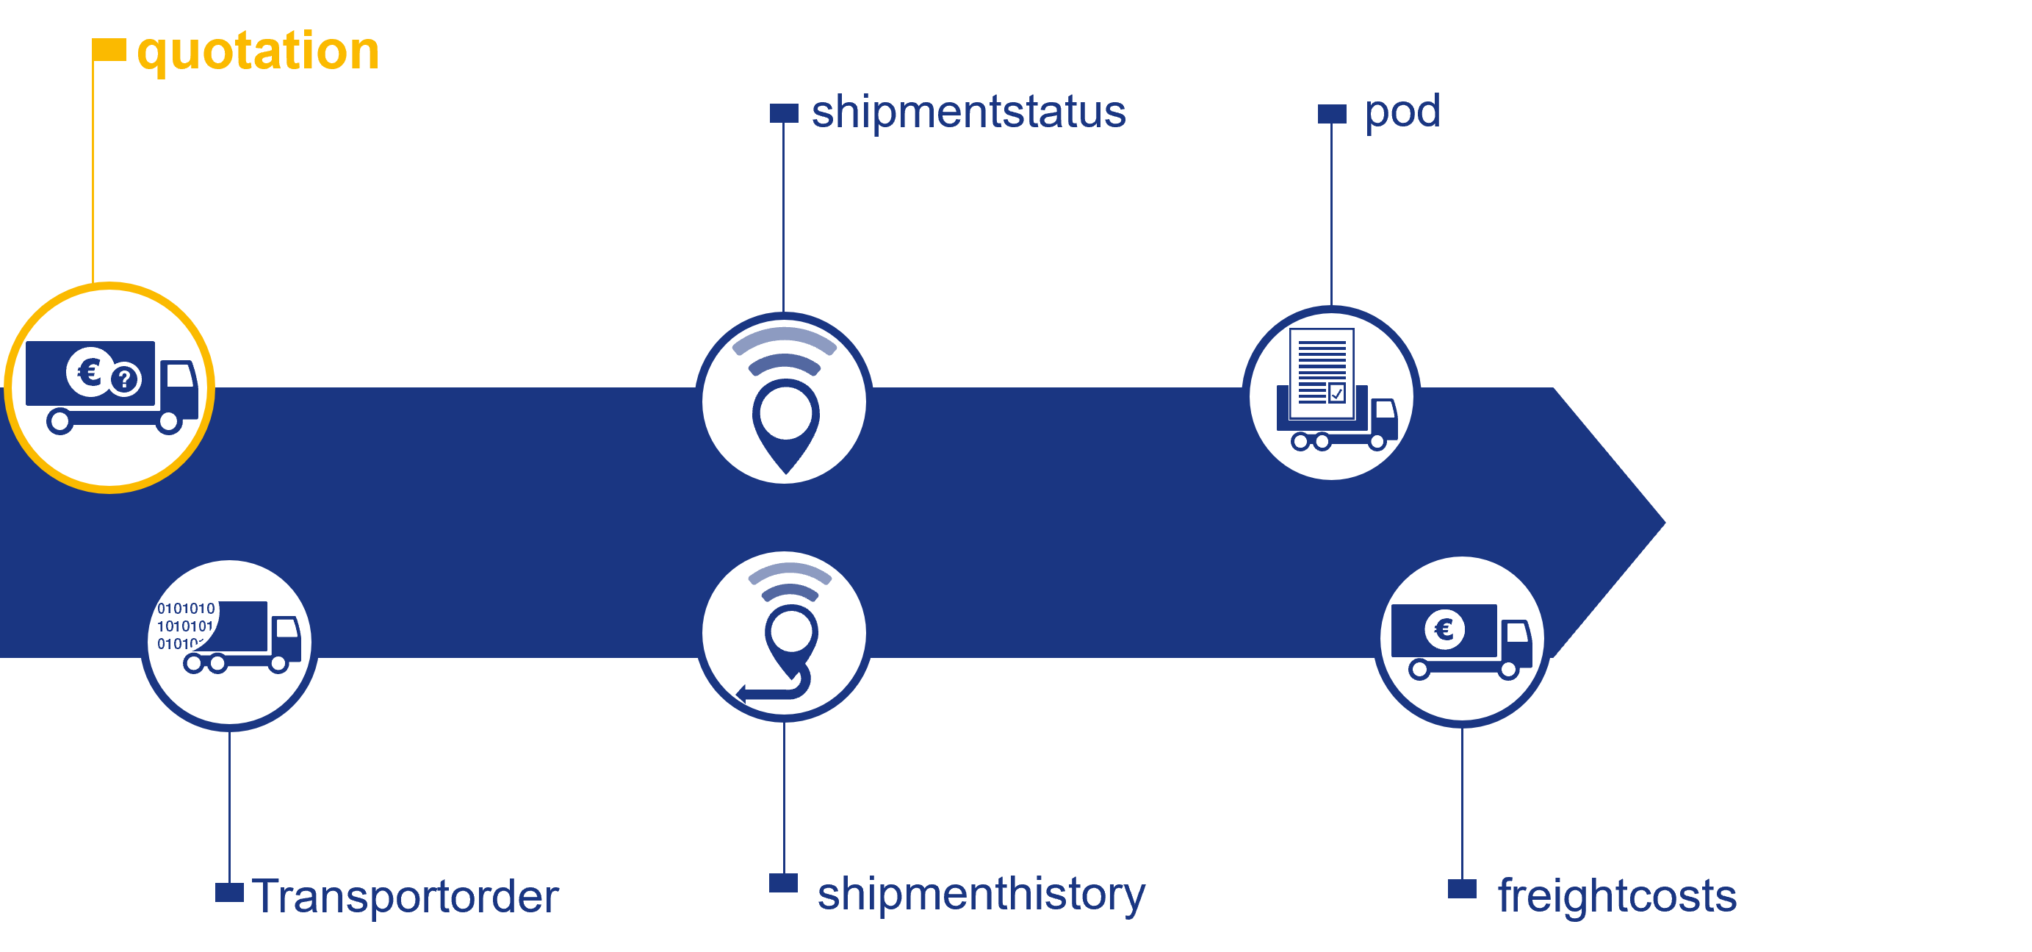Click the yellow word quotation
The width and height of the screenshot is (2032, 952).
click(258, 51)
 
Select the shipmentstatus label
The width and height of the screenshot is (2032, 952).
click(968, 111)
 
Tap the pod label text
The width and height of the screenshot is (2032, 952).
click(1402, 111)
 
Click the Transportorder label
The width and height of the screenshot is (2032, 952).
click(406, 896)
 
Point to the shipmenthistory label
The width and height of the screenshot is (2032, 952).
click(981, 894)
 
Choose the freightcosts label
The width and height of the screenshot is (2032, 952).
click(1617, 896)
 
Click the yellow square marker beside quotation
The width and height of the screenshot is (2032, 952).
click(109, 50)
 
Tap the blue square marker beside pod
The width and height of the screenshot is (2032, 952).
click(1333, 114)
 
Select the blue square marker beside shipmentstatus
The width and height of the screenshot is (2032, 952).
click(784, 113)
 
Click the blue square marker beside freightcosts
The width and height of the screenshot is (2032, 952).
click(1462, 889)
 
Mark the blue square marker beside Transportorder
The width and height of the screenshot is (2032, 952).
click(229, 892)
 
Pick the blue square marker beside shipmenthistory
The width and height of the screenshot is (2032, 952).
click(783, 883)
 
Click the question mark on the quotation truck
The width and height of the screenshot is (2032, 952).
click(125, 379)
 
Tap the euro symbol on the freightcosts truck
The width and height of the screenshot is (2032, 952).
click(1444, 629)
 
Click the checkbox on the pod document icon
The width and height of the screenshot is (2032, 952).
click(1336, 393)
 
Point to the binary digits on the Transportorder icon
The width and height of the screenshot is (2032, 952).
click(184, 625)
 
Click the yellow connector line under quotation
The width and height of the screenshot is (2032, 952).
click(93, 173)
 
